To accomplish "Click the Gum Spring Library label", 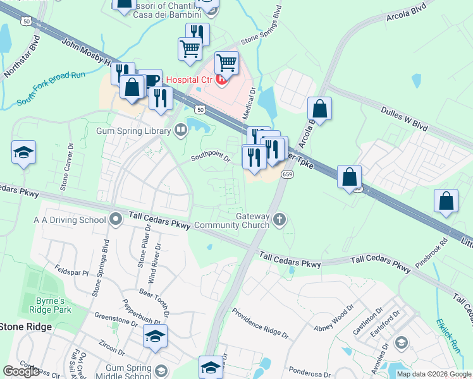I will click(x=133, y=131).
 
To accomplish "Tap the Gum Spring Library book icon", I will click(x=181, y=131).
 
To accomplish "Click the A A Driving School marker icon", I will click(x=115, y=220).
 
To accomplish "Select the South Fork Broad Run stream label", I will click(x=51, y=88).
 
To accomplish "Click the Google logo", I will click(x=21, y=371).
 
